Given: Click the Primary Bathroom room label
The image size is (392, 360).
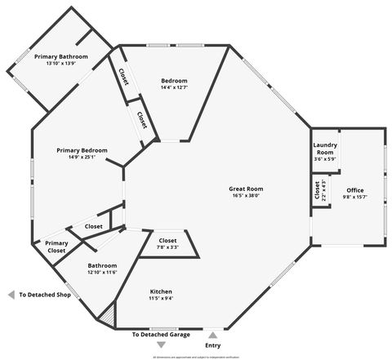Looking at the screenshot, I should tap(60, 56).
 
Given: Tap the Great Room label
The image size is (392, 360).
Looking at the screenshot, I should tap(247, 189).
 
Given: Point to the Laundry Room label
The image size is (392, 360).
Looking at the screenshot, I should tap(324, 149).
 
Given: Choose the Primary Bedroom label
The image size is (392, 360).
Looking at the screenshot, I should tap(82, 150).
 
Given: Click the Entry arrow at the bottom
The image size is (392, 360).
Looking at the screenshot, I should tap(212, 334).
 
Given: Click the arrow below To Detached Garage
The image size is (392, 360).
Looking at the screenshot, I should tap(160, 345).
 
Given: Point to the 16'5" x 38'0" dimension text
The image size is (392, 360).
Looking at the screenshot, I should tap(247, 196).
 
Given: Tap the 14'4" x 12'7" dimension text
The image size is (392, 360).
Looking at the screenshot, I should tap(174, 87).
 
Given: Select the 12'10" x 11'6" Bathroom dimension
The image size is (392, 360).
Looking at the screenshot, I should tap(103, 272).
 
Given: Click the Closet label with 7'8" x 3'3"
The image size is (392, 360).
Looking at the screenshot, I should tap(167, 241).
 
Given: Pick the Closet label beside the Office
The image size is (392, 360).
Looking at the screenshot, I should tap(317, 189).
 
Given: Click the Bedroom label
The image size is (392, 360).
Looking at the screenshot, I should tap(174, 81).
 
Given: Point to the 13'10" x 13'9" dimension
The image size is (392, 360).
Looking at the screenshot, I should tap(60, 63).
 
